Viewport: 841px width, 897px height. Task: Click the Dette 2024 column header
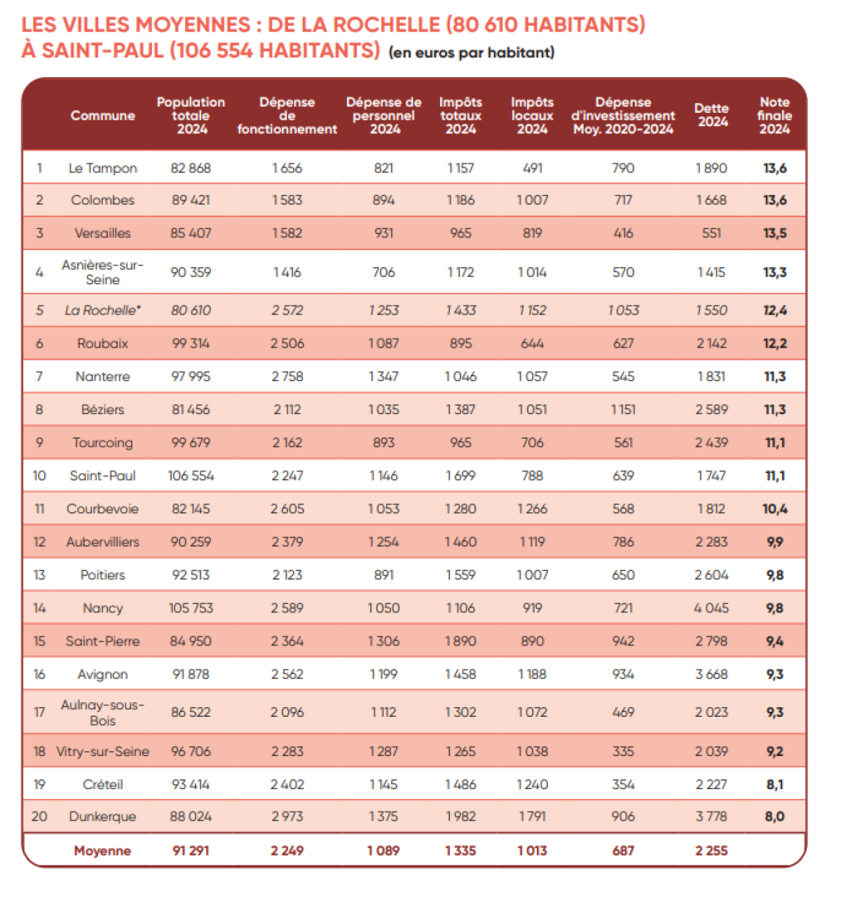(x=712, y=116)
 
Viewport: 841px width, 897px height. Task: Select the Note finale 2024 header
(x=774, y=116)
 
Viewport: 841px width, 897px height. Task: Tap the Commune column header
(x=102, y=116)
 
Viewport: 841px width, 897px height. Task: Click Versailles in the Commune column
(x=102, y=233)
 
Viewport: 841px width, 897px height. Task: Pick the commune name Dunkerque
(x=102, y=816)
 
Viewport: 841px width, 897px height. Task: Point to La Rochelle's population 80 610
(x=191, y=310)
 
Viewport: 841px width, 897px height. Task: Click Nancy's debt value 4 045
(x=711, y=608)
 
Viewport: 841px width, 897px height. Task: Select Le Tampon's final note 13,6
(x=774, y=168)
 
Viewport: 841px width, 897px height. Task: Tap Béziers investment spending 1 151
(x=623, y=410)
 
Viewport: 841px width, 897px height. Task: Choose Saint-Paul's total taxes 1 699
(x=460, y=476)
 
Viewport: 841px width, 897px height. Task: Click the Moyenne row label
(x=102, y=851)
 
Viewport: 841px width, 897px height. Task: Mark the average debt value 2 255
(x=711, y=851)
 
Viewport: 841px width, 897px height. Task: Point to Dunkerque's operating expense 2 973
(x=287, y=816)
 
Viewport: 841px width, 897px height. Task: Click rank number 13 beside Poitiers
(x=39, y=575)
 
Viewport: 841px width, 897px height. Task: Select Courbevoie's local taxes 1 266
(x=532, y=509)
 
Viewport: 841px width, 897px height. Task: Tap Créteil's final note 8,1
(x=774, y=785)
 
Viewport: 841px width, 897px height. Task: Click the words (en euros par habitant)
(x=472, y=53)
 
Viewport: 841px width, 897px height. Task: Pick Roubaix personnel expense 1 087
(x=383, y=343)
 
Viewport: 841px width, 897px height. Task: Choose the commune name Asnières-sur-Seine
(x=102, y=272)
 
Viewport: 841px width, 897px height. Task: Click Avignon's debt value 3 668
(x=711, y=674)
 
